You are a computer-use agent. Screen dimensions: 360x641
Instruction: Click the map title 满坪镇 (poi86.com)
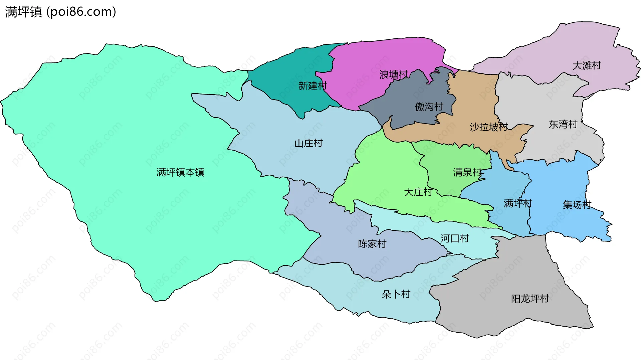tap(60, 12)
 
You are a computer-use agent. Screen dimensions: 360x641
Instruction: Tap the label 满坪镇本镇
tap(180, 172)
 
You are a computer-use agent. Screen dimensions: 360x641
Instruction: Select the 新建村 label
tap(312, 86)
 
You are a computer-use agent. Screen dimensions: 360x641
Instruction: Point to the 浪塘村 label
tap(393, 74)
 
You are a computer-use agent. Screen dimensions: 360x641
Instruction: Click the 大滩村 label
tap(587, 65)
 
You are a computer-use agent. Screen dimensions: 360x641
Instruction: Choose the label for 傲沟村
tap(429, 107)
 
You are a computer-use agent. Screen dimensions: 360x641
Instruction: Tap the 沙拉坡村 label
tap(488, 127)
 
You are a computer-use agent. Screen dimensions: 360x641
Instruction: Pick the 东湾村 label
tap(563, 124)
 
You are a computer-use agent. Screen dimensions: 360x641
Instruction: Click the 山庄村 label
tap(308, 143)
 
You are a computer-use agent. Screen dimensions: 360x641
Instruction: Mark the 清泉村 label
tap(467, 172)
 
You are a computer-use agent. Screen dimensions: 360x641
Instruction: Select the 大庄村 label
tap(418, 192)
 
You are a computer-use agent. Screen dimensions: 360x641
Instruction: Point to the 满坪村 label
tap(517, 203)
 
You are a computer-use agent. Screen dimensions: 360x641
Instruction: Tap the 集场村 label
tap(577, 205)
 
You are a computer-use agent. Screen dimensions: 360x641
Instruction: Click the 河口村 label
tap(455, 238)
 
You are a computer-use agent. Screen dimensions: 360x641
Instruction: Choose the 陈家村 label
tap(372, 244)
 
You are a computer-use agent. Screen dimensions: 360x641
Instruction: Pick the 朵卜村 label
tap(396, 294)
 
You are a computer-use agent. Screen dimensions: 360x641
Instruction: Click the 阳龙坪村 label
tap(530, 299)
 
